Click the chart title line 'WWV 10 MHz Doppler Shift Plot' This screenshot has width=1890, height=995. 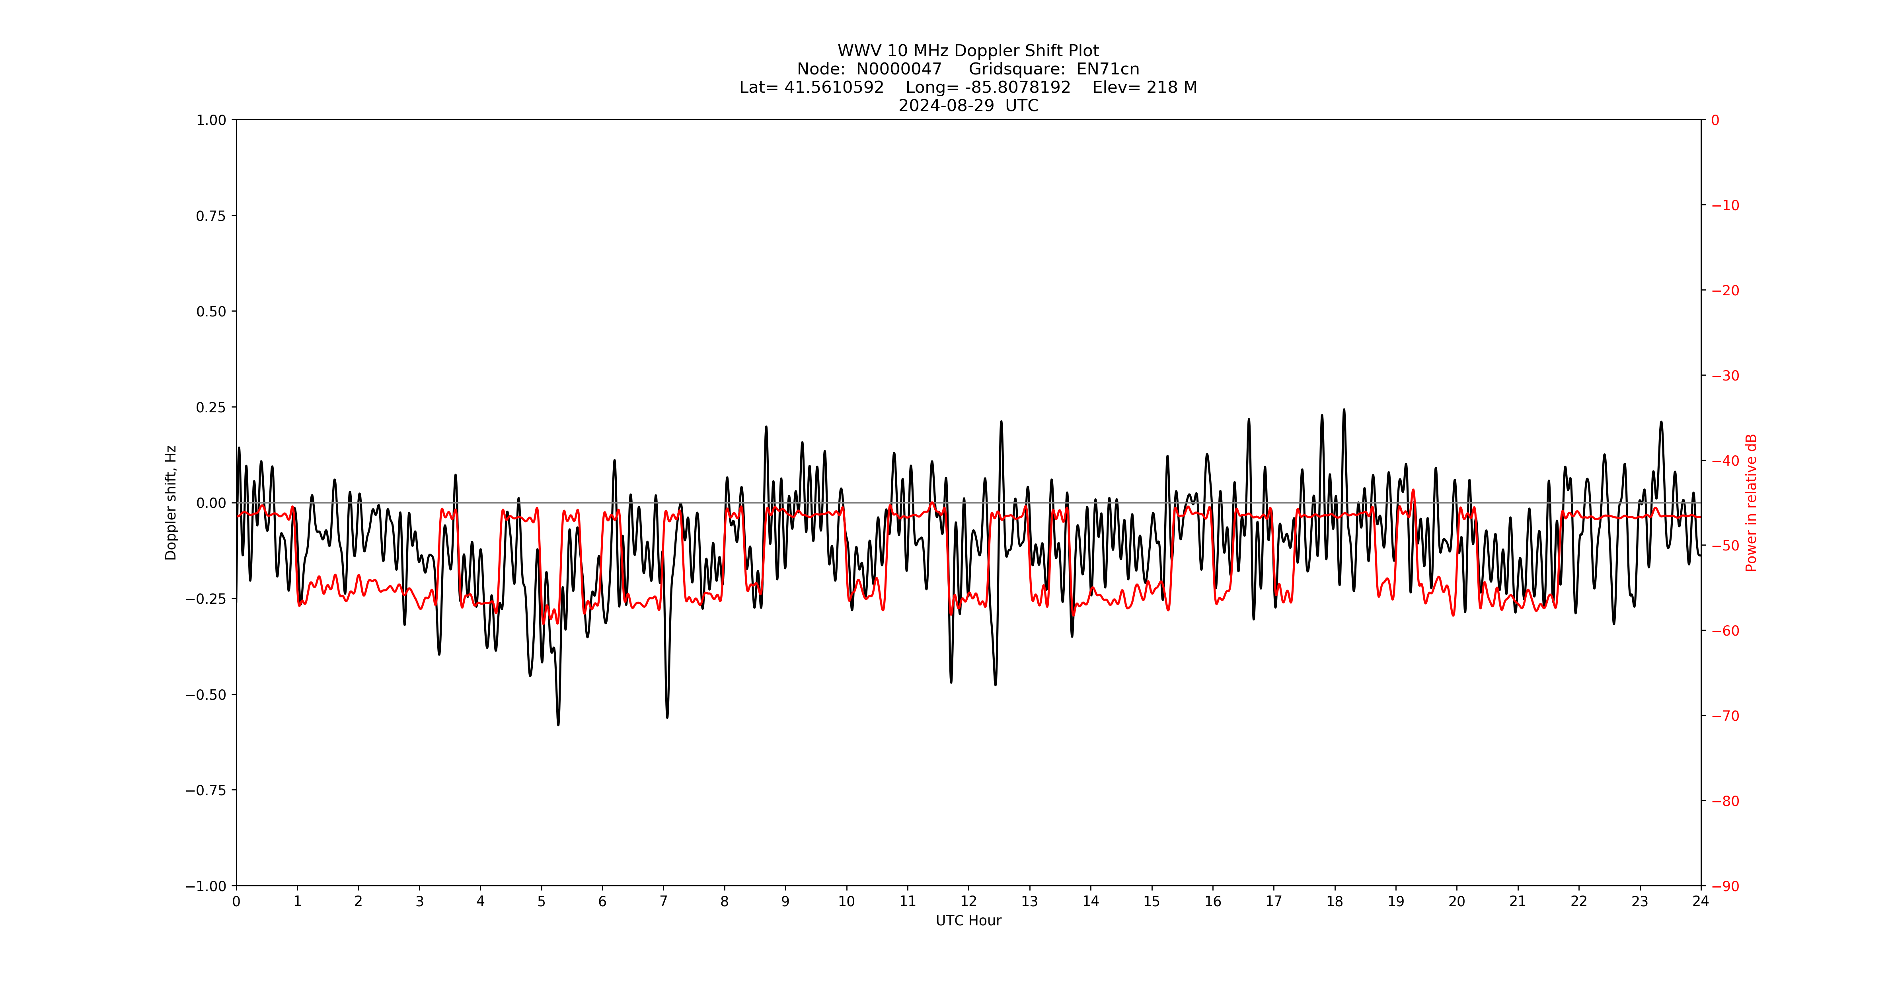pos(968,51)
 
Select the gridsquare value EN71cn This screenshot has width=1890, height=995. pos(1108,69)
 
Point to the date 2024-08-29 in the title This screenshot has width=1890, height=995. pos(947,105)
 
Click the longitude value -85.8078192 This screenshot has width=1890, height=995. pos(1018,87)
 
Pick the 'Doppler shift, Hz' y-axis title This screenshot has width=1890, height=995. pos(171,503)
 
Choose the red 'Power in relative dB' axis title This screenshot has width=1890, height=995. pos(1751,503)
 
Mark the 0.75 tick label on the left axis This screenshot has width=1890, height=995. pos(210,216)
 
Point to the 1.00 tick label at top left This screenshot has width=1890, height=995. pos(210,120)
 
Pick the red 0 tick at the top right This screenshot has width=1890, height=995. pos(1715,120)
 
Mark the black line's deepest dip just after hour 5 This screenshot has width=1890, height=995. pos(558,724)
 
